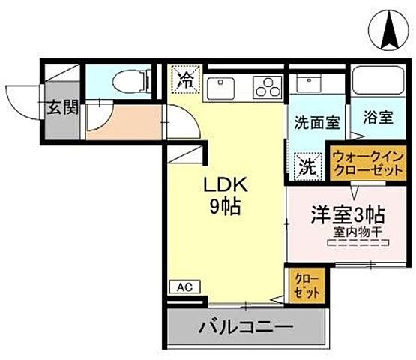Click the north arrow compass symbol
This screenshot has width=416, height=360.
[x=391, y=28]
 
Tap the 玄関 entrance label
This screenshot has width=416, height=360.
[x=64, y=107]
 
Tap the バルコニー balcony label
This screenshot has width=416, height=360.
[x=245, y=328]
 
